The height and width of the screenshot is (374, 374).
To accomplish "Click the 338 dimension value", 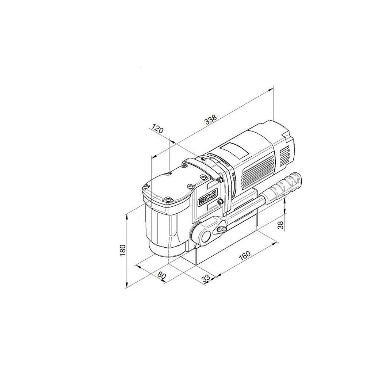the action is [211, 120].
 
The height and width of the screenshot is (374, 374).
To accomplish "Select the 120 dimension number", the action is [158, 129].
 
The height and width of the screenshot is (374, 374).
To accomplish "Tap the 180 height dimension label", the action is [123, 250].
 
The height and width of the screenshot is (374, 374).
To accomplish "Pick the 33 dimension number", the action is [206, 278].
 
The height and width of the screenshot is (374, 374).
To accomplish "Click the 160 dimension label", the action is [244, 255].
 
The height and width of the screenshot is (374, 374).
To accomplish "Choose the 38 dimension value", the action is [282, 225].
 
